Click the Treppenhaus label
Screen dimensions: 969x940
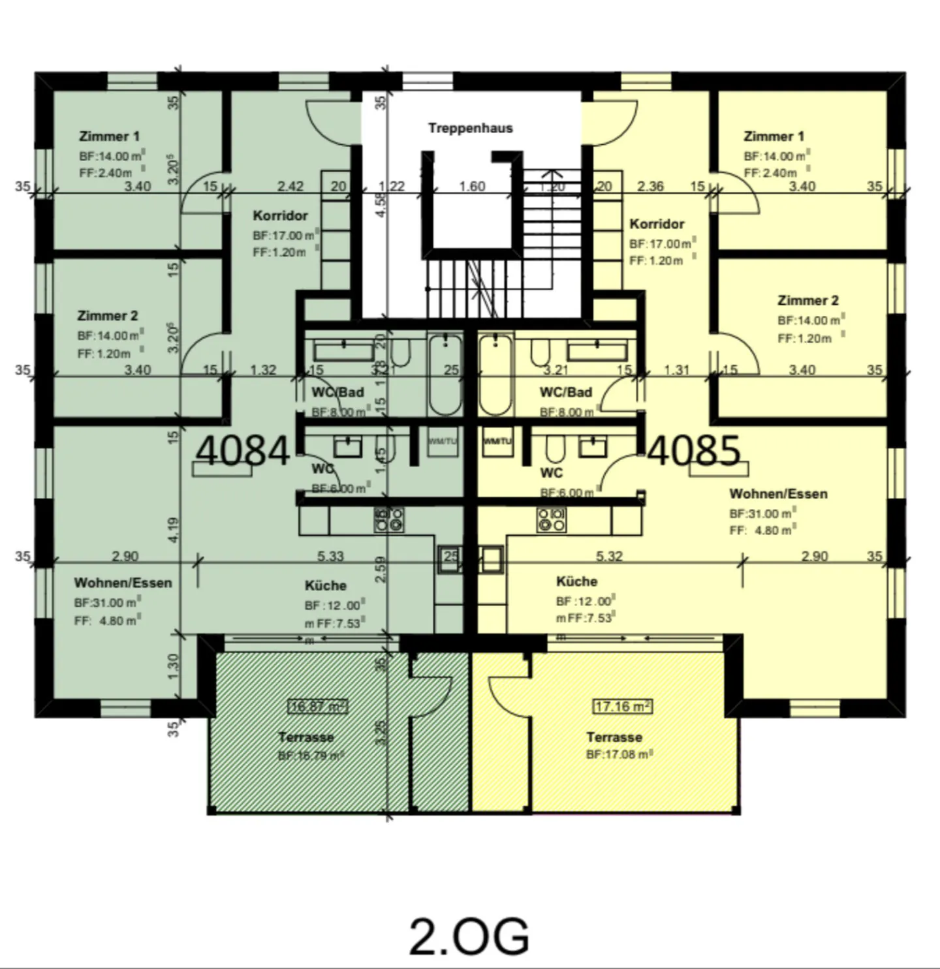click(470, 128)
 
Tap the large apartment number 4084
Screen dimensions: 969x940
click(242, 451)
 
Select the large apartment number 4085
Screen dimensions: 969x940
click(695, 451)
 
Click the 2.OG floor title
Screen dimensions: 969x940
click(469, 936)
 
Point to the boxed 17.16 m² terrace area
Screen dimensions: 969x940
click(623, 707)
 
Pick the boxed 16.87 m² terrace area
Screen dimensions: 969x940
click(318, 707)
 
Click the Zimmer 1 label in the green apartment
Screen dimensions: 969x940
click(109, 136)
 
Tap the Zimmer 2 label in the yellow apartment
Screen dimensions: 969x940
click(807, 301)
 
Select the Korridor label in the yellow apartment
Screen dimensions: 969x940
click(657, 224)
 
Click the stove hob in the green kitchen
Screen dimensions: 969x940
click(388, 519)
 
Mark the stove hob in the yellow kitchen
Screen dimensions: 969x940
click(552, 519)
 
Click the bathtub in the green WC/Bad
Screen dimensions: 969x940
click(445, 375)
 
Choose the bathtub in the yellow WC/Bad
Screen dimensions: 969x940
click(495, 375)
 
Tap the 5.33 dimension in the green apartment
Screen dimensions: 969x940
click(330, 556)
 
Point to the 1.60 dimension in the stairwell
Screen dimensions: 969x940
click(472, 187)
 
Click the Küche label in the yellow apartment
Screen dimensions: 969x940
click(576, 581)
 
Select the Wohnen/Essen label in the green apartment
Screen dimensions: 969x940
click(123, 583)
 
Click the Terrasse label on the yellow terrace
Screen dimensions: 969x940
click(614, 737)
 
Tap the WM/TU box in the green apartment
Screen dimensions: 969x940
click(443, 442)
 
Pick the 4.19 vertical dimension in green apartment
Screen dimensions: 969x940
click(173, 529)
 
